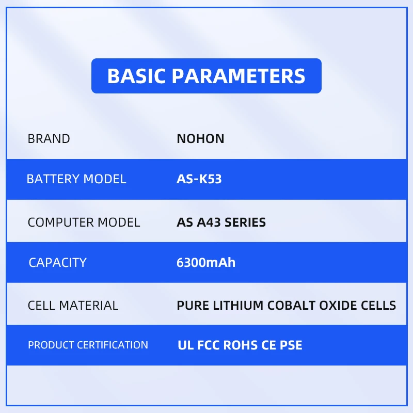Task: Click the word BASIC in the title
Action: [136, 76]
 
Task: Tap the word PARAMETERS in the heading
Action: [239, 76]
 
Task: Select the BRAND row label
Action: [49, 139]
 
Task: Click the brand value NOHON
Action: [200, 139]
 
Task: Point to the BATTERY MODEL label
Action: [76, 179]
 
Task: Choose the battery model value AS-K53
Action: [199, 179]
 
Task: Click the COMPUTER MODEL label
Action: [84, 223]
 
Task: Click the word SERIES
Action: [245, 223]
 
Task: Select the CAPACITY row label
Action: [57, 263]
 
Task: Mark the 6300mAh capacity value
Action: [206, 263]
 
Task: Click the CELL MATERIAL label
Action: [73, 306]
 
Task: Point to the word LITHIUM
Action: [238, 306]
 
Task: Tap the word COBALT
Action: [291, 306]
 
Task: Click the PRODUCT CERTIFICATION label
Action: [88, 345]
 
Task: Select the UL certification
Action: [186, 345]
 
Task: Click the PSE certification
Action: [291, 345]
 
